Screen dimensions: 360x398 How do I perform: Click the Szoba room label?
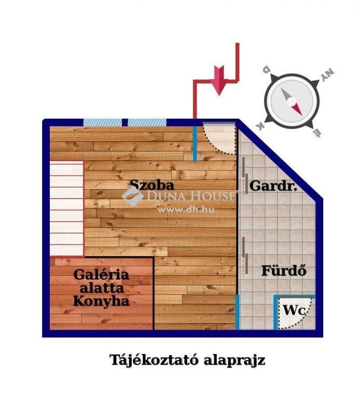pyautogui.click(x=152, y=185)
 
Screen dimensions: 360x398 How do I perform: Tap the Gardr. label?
pyautogui.click(x=273, y=186)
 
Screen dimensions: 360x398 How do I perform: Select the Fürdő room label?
pyautogui.click(x=284, y=271)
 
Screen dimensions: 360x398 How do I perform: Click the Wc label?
pyautogui.click(x=295, y=310)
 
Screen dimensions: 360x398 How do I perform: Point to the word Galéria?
pyautogui.click(x=101, y=274)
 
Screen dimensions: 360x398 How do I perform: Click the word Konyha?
pyautogui.click(x=101, y=301)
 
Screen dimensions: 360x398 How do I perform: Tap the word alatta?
pyautogui.click(x=102, y=288)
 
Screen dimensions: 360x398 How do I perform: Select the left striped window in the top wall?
pyautogui.click(x=103, y=122)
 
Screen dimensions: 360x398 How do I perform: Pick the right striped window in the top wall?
pyautogui.click(x=147, y=122)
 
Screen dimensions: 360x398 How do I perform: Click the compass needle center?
pyautogui.click(x=292, y=102)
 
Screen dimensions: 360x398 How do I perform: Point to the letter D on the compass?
pyautogui.click(x=266, y=69)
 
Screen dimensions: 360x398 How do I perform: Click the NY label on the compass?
pyautogui.click(x=327, y=75)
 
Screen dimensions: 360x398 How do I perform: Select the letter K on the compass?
pyautogui.click(x=260, y=126)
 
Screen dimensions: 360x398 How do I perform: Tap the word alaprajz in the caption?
pyautogui.click(x=234, y=361)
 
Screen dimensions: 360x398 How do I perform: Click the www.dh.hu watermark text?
pyautogui.click(x=186, y=209)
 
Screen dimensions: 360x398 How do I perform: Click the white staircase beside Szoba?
pyautogui.click(x=67, y=208)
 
